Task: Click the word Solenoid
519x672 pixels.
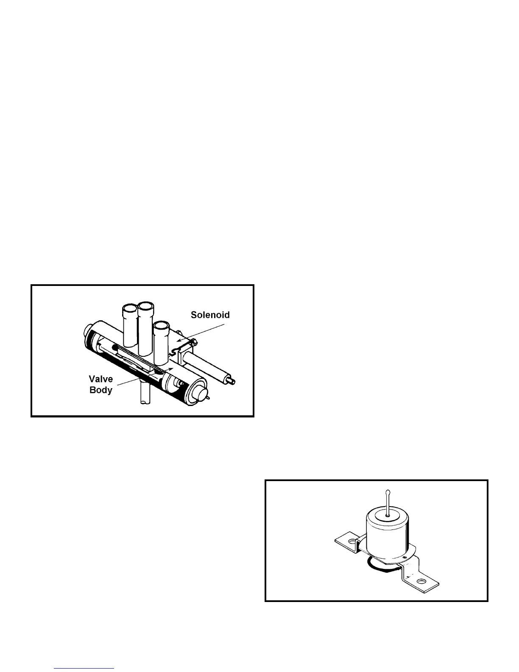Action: coord(210,315)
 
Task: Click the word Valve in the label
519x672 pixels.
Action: coord(100,379)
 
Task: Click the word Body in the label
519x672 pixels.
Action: coord(100,390)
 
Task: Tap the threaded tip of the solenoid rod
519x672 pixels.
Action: coord(233,380)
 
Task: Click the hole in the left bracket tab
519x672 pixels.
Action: coord(351,542)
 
